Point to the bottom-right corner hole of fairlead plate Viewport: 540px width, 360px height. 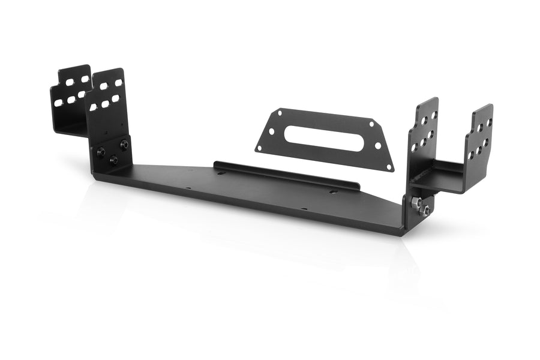tap(388, 167)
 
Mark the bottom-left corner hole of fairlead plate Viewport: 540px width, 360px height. tap(260, 147)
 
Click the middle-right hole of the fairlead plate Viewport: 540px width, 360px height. tap(377, 146)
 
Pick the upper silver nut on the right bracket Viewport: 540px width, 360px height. tap(415, 203)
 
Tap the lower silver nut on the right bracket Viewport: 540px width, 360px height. tap(425, 210)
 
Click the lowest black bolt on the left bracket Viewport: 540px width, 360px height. tap(113, 158)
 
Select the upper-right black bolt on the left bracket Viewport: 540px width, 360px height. tap(124, 144)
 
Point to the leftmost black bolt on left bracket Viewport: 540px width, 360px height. tap(101, 151)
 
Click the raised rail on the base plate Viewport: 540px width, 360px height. tap(288, 174)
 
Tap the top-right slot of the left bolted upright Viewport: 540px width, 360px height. tap(118, 83)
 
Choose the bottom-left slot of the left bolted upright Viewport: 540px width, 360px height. tap(93, 107)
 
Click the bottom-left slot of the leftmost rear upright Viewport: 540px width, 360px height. tap(58, 103)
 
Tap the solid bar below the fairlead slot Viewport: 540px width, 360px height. tap(324, 152)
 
